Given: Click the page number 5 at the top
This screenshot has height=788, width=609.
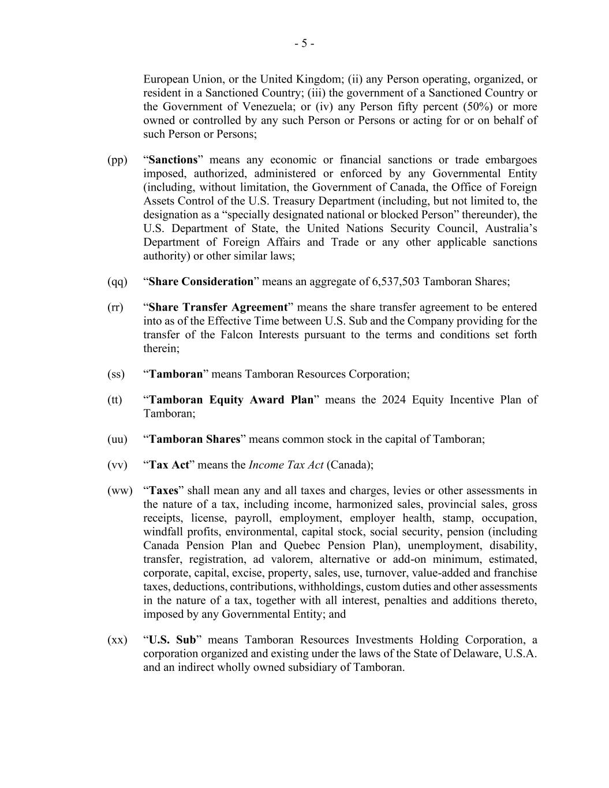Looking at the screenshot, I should click(304, 44).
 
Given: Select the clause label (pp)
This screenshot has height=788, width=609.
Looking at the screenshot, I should click(117, 160).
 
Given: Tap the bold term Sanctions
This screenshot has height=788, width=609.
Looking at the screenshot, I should click(173, 160).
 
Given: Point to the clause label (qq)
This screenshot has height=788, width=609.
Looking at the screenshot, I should click(117, 282).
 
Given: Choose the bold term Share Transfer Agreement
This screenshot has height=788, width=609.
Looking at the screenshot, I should click(218, 307).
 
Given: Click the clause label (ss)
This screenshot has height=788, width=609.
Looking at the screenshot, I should click(116, 374).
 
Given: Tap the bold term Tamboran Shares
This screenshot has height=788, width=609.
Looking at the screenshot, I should click(195, 439).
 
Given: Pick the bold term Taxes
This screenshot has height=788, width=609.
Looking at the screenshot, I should click(164, 491).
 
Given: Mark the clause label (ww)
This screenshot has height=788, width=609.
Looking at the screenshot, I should click(119, 491).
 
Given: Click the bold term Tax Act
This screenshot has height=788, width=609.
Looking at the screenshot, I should click(169, 465).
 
